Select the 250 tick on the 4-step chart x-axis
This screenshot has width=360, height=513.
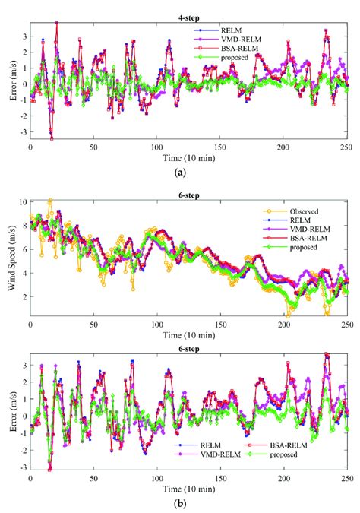coord(346,149)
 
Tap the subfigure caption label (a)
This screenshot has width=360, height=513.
coord(180,173)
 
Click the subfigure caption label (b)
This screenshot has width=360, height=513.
coord(180,502)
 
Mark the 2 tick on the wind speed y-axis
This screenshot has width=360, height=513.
coord(23,303)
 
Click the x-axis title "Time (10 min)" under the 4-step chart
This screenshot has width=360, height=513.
coord(188,160)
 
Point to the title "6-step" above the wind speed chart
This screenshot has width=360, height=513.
coord(189,195)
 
